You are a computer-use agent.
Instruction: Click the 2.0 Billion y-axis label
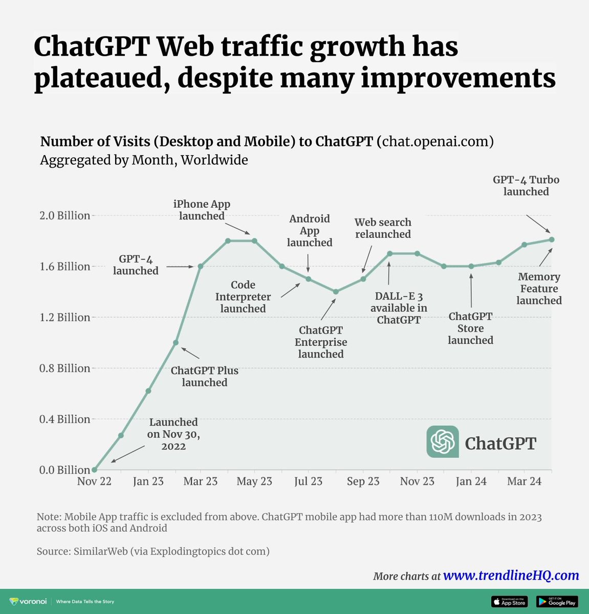tap(64, 215)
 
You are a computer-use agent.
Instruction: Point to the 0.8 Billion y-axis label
tap(64, 368)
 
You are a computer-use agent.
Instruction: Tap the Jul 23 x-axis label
tap(308, 481)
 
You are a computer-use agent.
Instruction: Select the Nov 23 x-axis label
tap(417, 481)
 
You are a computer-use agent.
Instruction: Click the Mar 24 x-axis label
tap(524, 481)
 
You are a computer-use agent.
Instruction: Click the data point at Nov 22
tap(94, 470)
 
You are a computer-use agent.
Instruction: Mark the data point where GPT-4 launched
tap(201, 266)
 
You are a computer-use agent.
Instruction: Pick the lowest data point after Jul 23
tap(336, 292)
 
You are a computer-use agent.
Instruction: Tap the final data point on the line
tap(552, 239)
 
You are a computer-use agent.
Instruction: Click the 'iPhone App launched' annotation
tap(202, 210)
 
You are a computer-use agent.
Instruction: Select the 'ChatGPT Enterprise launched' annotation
tap(321, 342)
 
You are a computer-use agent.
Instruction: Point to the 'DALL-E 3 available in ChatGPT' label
tap(399, 308)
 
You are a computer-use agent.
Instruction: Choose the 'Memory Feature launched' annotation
tap(539, 289)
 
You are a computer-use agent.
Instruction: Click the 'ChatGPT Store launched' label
tap(470, 328)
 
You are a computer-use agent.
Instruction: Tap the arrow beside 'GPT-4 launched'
tap(180, 267)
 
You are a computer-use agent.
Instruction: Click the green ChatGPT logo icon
tap(443, 442)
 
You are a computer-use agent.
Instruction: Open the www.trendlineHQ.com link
tap(511, 575)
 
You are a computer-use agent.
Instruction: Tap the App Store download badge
tap(509, 602)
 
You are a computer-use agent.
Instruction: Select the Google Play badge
tap(557, 602)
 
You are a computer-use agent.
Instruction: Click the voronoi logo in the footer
tap(29, 602)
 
